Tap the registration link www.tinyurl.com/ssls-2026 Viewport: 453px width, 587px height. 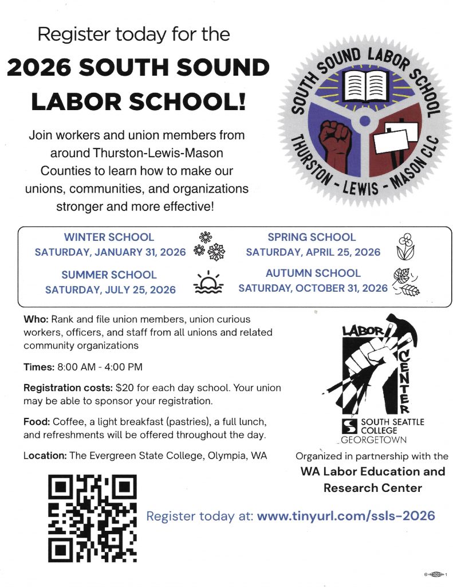click(x=346, y=515)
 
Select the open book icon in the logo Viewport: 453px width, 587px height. click(x=363, y=86)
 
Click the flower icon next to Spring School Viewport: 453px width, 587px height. click(x=405, y=245)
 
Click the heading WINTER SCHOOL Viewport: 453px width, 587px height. click(x=109, y=237)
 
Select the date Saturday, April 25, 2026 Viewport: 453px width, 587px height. click(x=313, y=252)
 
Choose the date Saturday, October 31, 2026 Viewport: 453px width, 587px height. click(x=313, y=288)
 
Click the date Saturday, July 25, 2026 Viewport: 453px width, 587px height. click(x=111, y=289)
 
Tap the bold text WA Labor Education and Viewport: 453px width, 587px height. click(x=372, y=471)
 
